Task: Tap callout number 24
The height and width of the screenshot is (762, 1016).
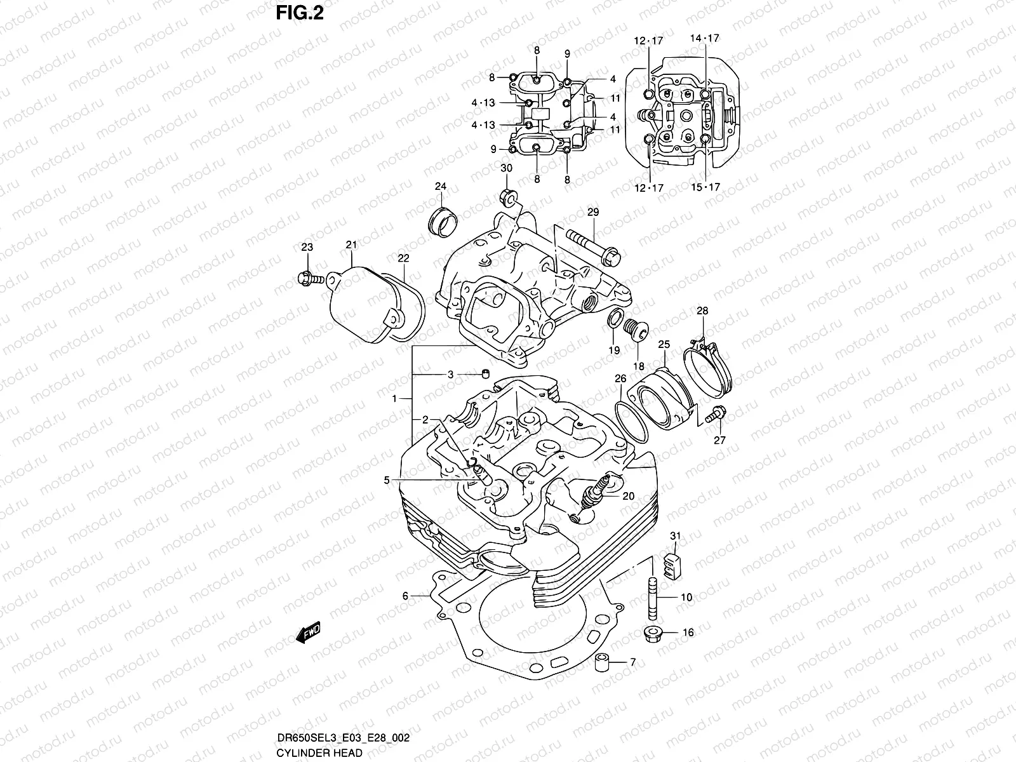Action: pyautogui.click(x=440, y=186)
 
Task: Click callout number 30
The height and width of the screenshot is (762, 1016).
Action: pyautogui.click(x=506, y=168)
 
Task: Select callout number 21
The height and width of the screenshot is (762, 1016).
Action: pyautogui.click(x=351, y=245)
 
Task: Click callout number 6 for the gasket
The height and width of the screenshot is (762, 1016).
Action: pyautogui.click(x=404, y=596)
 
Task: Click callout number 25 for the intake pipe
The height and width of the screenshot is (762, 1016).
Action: pyautogui.click(x=664, y=344)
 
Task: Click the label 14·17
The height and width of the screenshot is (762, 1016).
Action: pyautogui.click(x=705, y=38)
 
